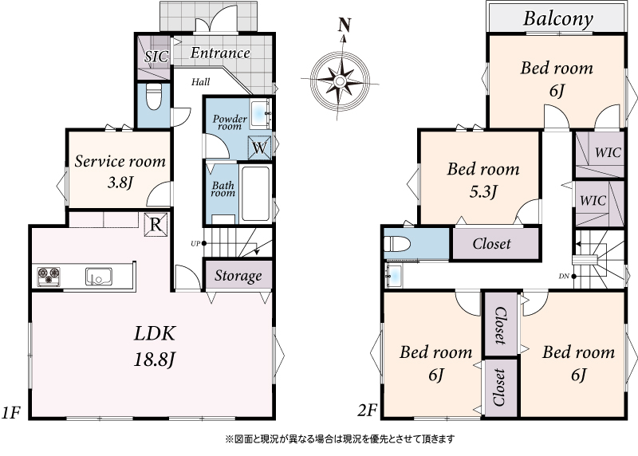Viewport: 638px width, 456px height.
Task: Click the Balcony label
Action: pyautogui.click(x=557, y=19)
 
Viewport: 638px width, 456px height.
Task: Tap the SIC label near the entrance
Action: pyautogui.click(x=156, y=56)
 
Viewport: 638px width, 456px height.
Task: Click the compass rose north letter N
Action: pyautogui.click(x=345, y=26)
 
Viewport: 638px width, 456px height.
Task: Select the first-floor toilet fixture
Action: pyautogui.click(x=153, y=96)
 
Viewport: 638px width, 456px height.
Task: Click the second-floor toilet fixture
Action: pyautogui.click(x=397, y=245)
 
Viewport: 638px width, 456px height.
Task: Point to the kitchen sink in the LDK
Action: pyautogui.click(x=98, y=276)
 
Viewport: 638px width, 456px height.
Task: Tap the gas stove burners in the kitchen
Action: pyautogui.click(x=49, y=276)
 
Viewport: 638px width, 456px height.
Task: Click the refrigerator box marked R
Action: pyautogui.click(x=156, y=224)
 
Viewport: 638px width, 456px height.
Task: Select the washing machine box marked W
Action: pyautogui.click(x=259, y=147)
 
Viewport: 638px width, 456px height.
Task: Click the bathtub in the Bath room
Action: pyautogui.click(x=255, y=194)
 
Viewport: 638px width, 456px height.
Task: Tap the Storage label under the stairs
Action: pyautogui.click(x=238, y=276)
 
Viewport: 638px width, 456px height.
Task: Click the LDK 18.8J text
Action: pyautogui.click(x=155, y=346)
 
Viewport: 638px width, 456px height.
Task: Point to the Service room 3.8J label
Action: pyautogui.click(x=120, y=171)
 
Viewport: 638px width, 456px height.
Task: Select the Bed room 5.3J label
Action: pyautogui.click(x=483, y=179)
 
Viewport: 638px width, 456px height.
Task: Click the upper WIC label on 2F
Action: pyautogui.click(x=608, y=152)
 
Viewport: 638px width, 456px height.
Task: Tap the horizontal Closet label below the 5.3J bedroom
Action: pyautogui.click(x=491, y=244)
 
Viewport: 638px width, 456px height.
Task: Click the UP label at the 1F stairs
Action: pyautogui.click(x=195, y=244)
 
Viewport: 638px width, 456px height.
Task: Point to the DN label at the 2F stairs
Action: pyautogui.click(x=564, y=276)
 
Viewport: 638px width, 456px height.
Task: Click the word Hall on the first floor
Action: pyautogui.click(x=201, y=82)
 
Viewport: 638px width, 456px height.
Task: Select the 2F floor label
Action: pyautogui.click(x=368, y=411)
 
